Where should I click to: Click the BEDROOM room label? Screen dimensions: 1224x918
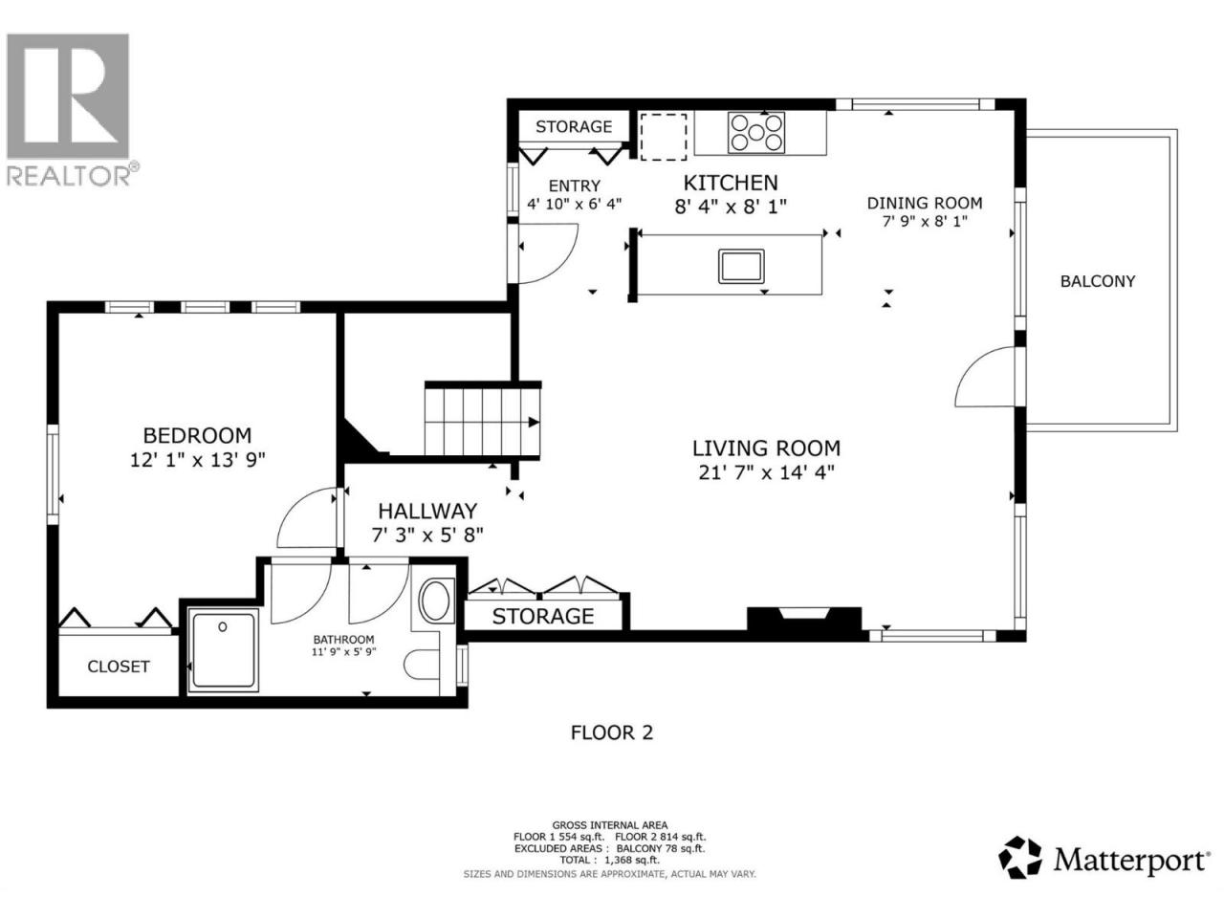[197, 435]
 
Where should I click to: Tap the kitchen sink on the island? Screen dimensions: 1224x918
[741, 267]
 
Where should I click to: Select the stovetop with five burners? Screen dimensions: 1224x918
[756, 133]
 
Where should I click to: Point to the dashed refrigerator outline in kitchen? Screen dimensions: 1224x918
[663, 137]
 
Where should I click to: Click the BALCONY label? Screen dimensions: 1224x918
[1098, 281]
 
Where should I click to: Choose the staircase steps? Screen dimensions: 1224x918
[482, 422]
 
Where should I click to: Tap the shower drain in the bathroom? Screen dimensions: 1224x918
[223, 627]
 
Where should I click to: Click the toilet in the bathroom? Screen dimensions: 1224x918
[422, 665]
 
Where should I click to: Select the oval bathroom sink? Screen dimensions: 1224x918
[435, 601]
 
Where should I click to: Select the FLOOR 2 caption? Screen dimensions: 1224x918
[611, 732]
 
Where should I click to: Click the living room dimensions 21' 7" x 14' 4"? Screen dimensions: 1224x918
[766, 472]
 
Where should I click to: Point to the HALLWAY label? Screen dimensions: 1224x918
[427, 511]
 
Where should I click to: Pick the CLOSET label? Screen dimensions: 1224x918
[119, 667]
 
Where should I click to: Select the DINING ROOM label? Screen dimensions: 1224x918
[925, 203]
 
